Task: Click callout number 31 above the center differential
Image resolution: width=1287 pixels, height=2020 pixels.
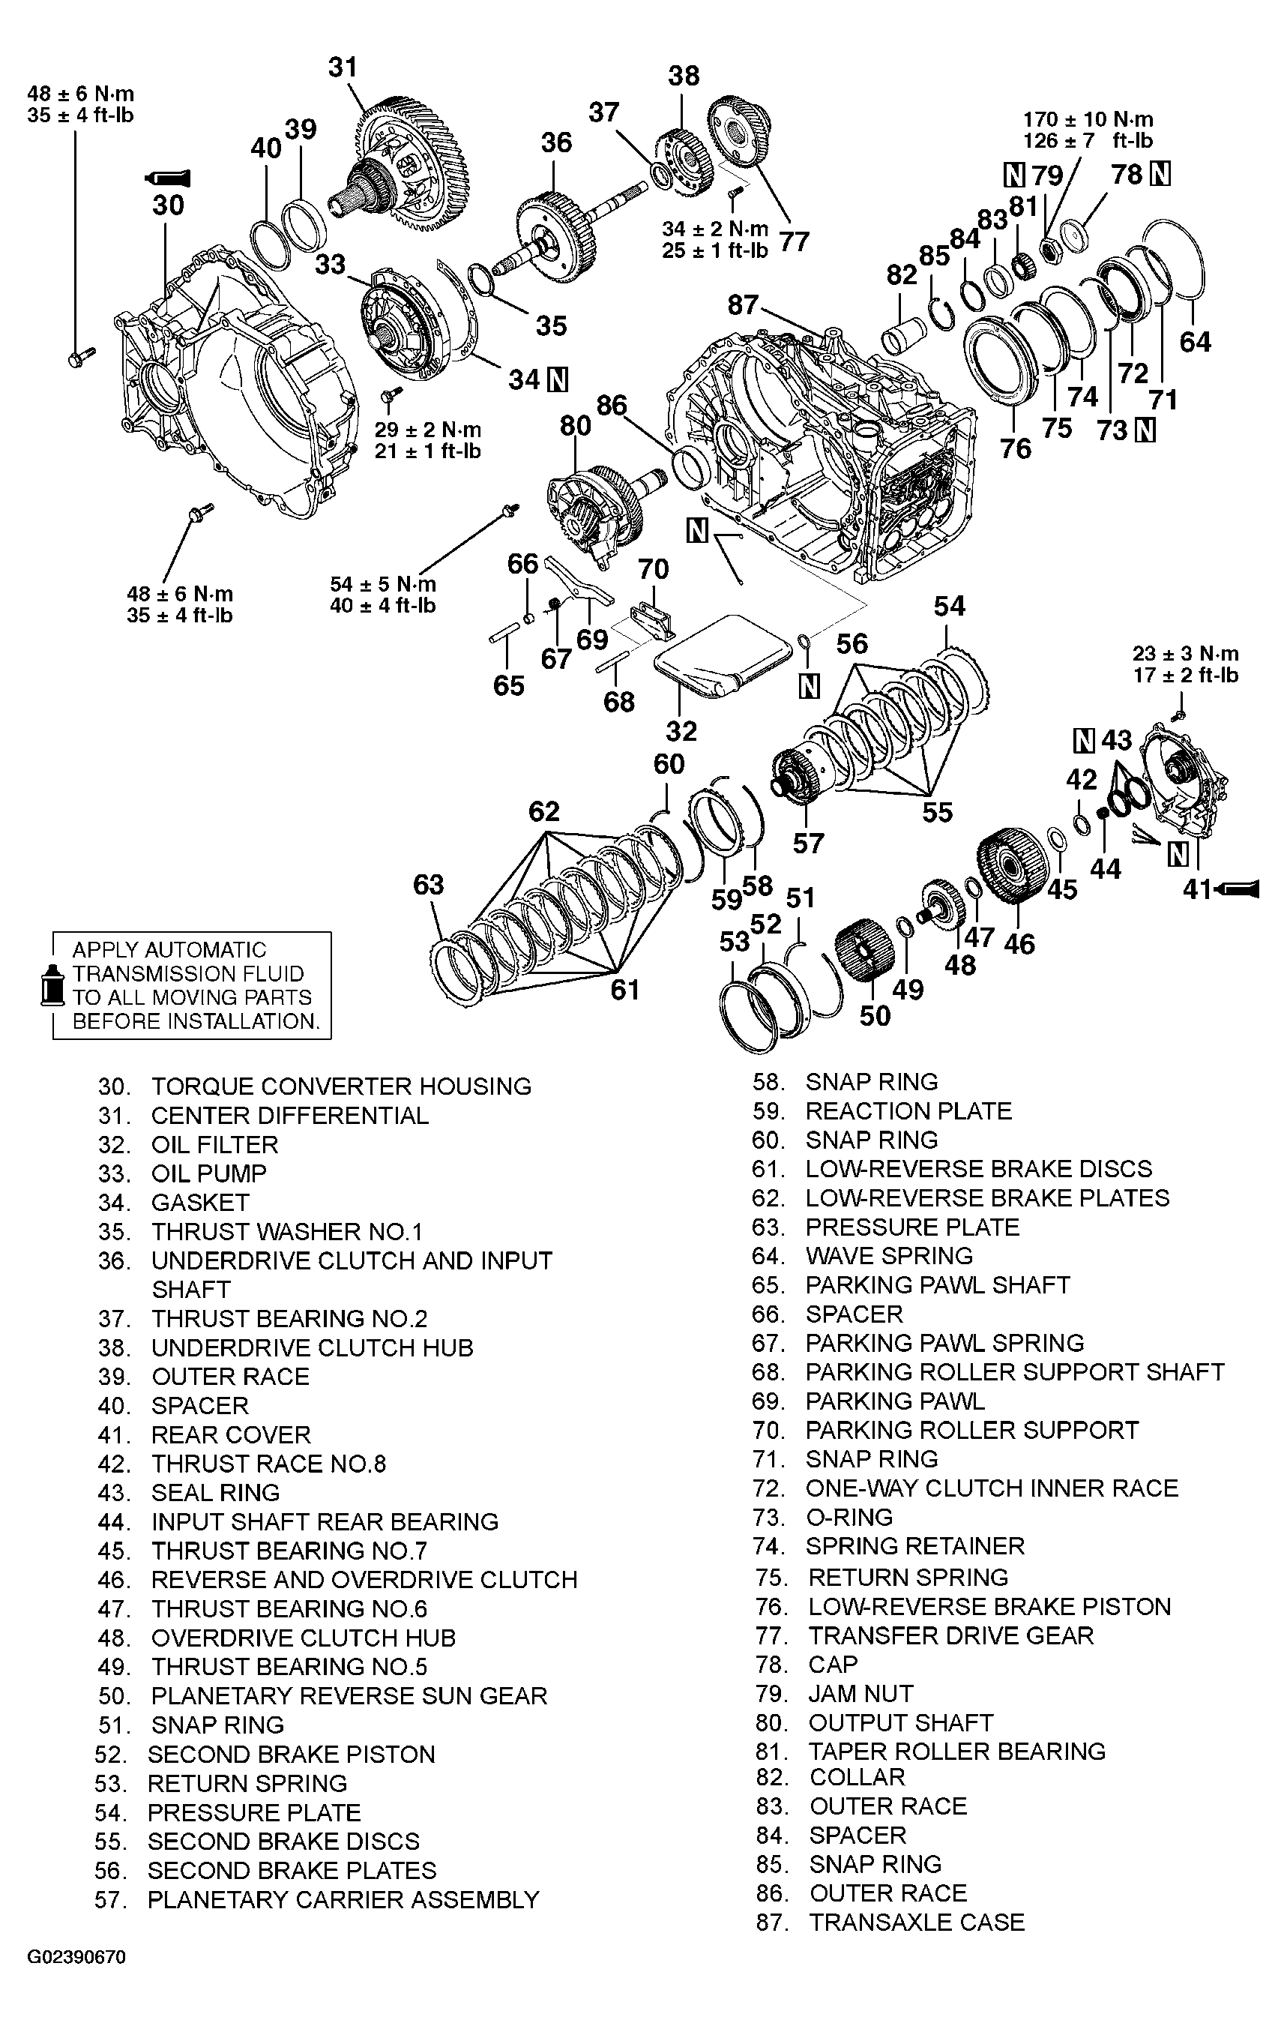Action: [342, 67]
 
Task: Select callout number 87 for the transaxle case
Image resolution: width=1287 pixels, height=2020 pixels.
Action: [743, 304]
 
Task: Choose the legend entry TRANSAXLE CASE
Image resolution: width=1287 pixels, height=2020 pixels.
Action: [917, 1922]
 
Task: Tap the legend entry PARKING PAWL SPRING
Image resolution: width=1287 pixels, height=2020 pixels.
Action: [944, 1343]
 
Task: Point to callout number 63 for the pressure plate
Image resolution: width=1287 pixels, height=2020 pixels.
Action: [429, 884]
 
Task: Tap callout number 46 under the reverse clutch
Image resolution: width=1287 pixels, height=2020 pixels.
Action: [1019, 944]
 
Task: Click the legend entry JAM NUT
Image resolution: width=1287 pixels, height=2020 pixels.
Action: [860, 1694]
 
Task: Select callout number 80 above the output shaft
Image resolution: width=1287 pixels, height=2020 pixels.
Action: [576, 426]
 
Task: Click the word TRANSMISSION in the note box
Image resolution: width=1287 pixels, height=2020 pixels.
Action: [188, 974]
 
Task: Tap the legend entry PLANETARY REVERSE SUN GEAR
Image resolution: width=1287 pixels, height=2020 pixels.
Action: [349, 1695]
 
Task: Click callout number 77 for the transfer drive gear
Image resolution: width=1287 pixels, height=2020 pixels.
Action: [793, 241]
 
